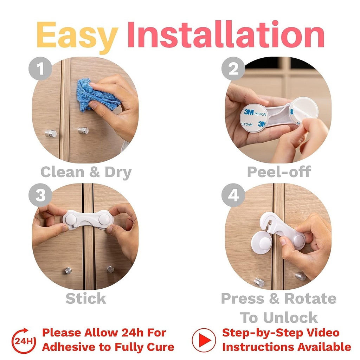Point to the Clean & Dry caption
coord(86,172)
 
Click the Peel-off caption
coord(278,172)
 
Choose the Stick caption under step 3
coord(86,298)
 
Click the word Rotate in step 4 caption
coord(310,298)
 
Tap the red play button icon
coord(204,340)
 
